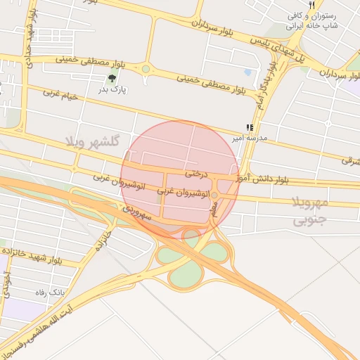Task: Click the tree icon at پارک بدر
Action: (x=112, y=79)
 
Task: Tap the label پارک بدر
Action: (x=112, y=91)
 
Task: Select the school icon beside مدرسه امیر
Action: (x=249, y=128)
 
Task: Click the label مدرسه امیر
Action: (x=250, y=139)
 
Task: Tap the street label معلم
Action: (x=214, y=209)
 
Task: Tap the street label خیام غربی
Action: (x=60, y=94)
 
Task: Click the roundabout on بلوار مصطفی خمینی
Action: (x=146, y=69)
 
